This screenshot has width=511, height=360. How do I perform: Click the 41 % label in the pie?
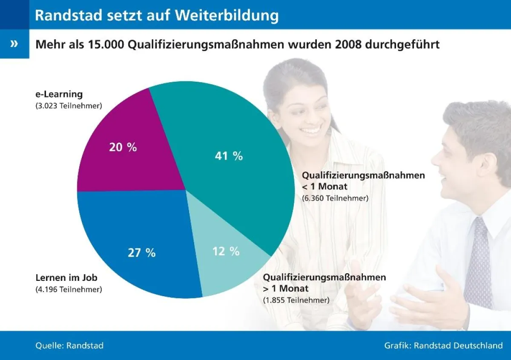[229, 156]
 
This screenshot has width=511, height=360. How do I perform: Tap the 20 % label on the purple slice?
[123, 148]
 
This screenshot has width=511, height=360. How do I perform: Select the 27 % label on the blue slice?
[142, 252]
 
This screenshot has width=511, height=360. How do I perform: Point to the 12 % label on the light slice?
[226, 251]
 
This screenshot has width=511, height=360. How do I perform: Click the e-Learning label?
[59, 94]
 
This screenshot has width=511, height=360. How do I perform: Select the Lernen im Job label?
[66, 278]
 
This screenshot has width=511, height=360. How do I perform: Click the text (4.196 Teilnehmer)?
[69, 290]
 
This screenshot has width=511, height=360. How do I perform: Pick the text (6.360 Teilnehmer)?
[335, 198]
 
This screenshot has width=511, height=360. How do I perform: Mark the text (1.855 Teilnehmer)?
[296, 300]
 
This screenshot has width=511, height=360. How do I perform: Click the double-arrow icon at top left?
[14, 43]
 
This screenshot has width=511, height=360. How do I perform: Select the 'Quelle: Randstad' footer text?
[69, 345]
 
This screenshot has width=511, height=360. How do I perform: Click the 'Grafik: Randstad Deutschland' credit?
[443, 345]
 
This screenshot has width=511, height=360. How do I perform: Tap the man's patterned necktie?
[478, 264]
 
